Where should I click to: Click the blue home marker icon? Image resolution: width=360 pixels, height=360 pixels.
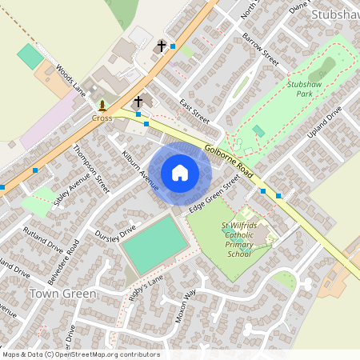coord(179,172)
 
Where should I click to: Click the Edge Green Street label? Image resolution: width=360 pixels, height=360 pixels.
coord(214,194)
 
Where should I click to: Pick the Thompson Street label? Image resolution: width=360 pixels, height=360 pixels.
coord(90,169)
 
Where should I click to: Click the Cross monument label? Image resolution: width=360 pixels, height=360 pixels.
coord(102,118)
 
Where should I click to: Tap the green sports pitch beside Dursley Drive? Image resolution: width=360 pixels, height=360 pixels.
coord(154,245)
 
